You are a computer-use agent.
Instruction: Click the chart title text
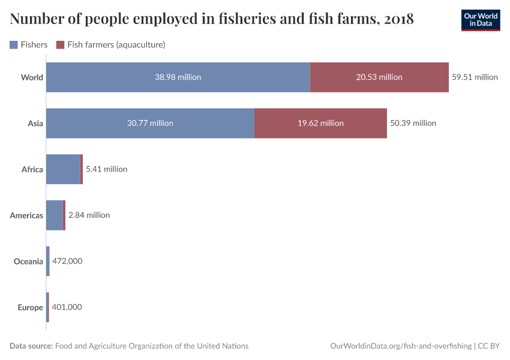212,19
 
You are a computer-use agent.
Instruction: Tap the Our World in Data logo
480,20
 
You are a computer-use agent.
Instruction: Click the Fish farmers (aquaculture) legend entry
110,44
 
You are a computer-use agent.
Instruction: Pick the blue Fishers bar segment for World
178,77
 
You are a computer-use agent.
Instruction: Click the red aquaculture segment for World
379,77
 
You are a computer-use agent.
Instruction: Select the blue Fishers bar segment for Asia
150,123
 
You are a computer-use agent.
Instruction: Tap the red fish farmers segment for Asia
320,123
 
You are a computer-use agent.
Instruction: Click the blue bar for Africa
63,169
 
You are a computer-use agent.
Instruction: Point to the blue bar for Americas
55,215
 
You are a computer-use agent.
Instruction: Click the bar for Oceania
48,261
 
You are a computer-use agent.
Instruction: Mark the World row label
32,77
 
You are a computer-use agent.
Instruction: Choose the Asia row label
35,123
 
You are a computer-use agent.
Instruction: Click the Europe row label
31,307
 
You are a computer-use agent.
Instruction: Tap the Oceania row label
29,261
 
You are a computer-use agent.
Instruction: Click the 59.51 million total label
475,77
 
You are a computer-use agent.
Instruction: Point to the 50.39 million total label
413,123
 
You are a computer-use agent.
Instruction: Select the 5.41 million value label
106,169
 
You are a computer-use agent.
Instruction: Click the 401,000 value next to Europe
67,307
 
